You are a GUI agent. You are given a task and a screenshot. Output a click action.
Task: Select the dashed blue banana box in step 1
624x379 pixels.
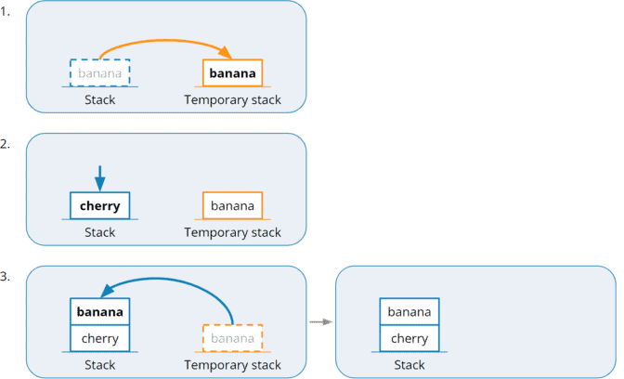pos(99,72)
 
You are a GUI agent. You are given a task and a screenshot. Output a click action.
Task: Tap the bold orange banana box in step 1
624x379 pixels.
pos(232,72)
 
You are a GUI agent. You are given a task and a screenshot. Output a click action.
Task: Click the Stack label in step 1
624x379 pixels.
pos(99,99)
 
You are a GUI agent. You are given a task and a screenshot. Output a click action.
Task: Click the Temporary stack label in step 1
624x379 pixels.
pos(232,99)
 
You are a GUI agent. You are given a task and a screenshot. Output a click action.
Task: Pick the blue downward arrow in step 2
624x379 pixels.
pos(99,176)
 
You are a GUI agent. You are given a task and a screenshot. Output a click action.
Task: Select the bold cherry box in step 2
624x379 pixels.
pos(99,205)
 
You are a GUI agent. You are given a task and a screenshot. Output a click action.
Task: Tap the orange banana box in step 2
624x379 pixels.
pos(232,205)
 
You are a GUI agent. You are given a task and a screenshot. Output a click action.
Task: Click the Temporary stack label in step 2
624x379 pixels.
pos(232,232)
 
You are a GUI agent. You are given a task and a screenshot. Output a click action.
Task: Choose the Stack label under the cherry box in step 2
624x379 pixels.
pos(99,232)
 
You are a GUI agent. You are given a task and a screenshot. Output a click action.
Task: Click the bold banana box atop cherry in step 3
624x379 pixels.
pos(99,311)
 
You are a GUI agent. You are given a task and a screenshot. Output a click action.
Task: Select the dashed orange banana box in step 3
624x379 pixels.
pos(232,338)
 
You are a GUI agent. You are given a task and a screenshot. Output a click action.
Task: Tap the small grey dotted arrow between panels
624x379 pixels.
pos(320,322)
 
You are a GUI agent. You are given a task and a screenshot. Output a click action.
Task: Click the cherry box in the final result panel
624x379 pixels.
pos(409,338)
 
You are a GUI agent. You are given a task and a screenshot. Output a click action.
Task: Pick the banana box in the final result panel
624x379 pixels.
pos(409,311)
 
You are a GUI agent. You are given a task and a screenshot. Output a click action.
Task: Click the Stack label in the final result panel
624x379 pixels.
pos(409,365)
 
